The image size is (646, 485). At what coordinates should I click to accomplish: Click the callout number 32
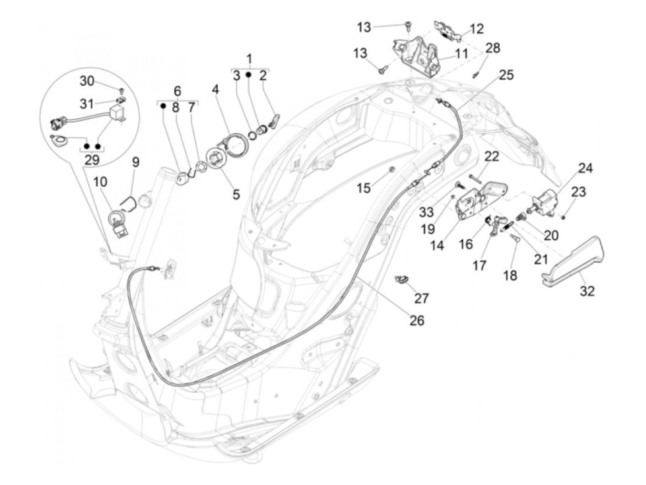pos(587,291)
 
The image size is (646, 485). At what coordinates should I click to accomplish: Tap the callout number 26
pos(417,320)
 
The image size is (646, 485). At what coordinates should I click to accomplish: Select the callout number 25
pos(506,75)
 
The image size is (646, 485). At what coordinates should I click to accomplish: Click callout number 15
pos(364,188)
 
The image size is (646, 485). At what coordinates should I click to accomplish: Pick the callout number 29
pos(92,160)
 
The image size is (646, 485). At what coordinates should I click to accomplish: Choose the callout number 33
pos(427,212)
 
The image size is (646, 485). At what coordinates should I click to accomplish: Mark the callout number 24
pos(586,168)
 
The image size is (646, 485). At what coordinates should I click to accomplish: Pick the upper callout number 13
pos(364,27)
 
